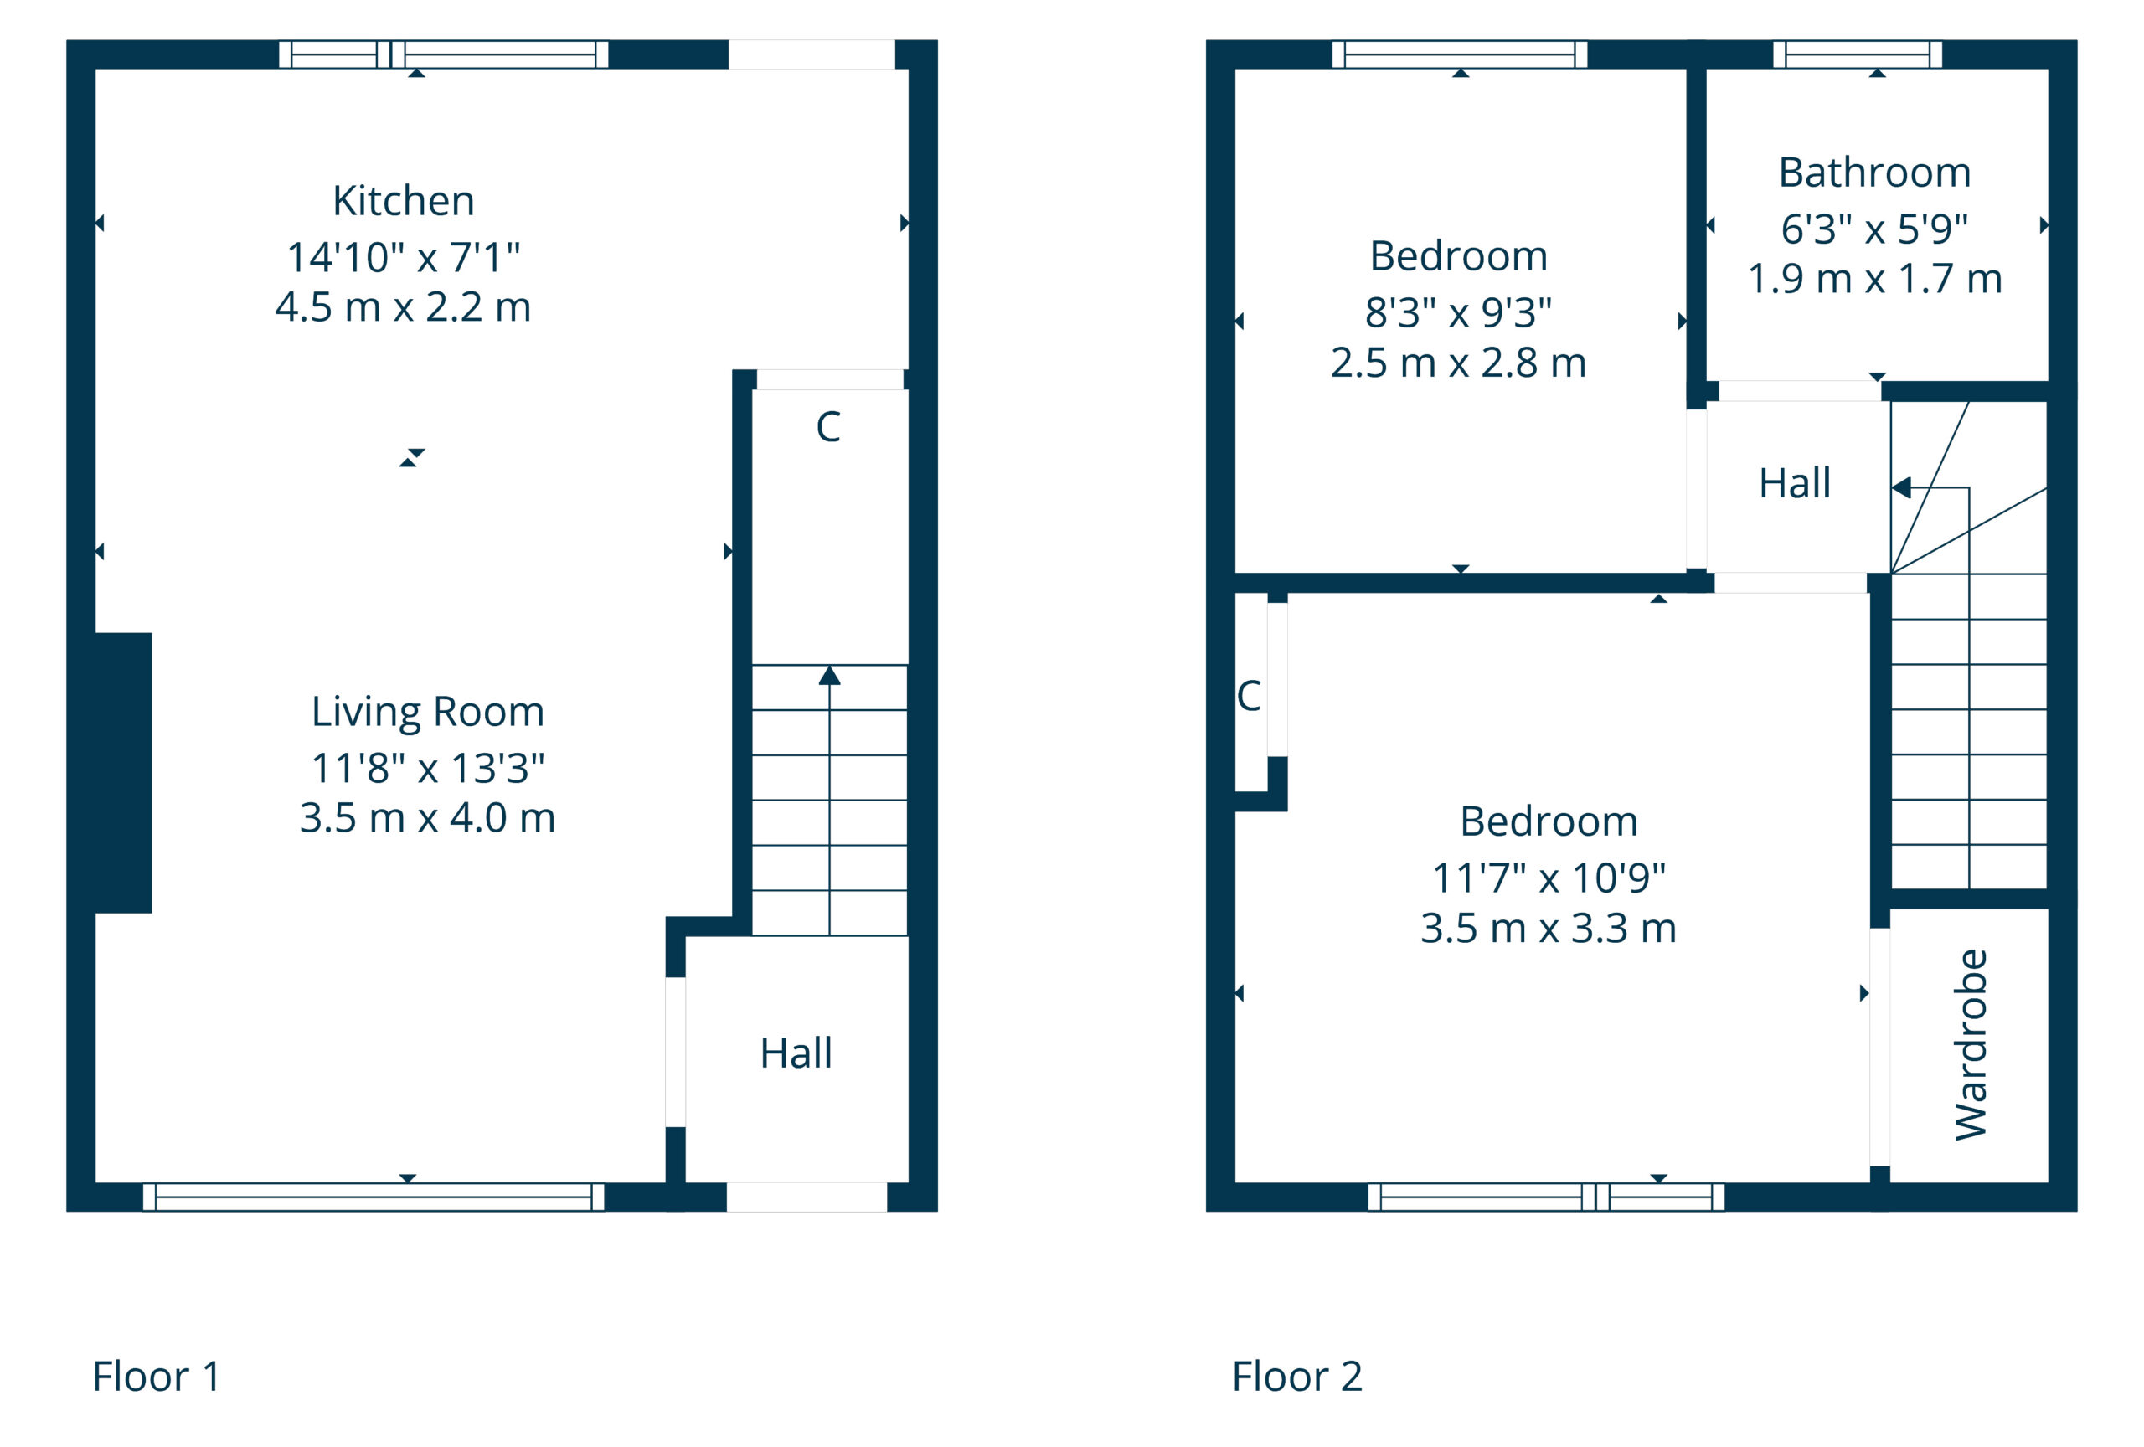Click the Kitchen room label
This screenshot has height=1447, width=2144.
[403, 201]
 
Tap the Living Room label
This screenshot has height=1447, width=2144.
[427, 712]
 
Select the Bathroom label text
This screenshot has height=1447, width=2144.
[1874, 173]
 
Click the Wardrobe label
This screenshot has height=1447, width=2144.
[1970, 1045]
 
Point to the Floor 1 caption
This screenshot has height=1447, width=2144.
[156, 1376]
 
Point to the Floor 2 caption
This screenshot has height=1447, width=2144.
[1296, 1376]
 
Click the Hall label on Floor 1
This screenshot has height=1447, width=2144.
[796, 1053]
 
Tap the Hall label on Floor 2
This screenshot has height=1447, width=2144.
[1795, 483]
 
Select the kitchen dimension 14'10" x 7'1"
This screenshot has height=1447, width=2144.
[403, 257]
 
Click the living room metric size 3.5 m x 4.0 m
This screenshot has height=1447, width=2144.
[427, 818]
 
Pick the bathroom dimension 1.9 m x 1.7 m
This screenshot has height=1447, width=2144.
[1874, 279]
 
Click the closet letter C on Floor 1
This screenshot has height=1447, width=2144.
[827, 427]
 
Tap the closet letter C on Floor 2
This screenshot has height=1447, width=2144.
[1248, 697]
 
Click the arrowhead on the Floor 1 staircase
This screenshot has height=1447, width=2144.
[829, 676]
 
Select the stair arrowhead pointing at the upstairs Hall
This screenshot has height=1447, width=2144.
[1900, 488]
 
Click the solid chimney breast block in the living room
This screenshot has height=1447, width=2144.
[123, 773]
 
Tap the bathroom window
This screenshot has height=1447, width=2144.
[1857, 54]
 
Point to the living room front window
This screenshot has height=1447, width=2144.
[374, 1197]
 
